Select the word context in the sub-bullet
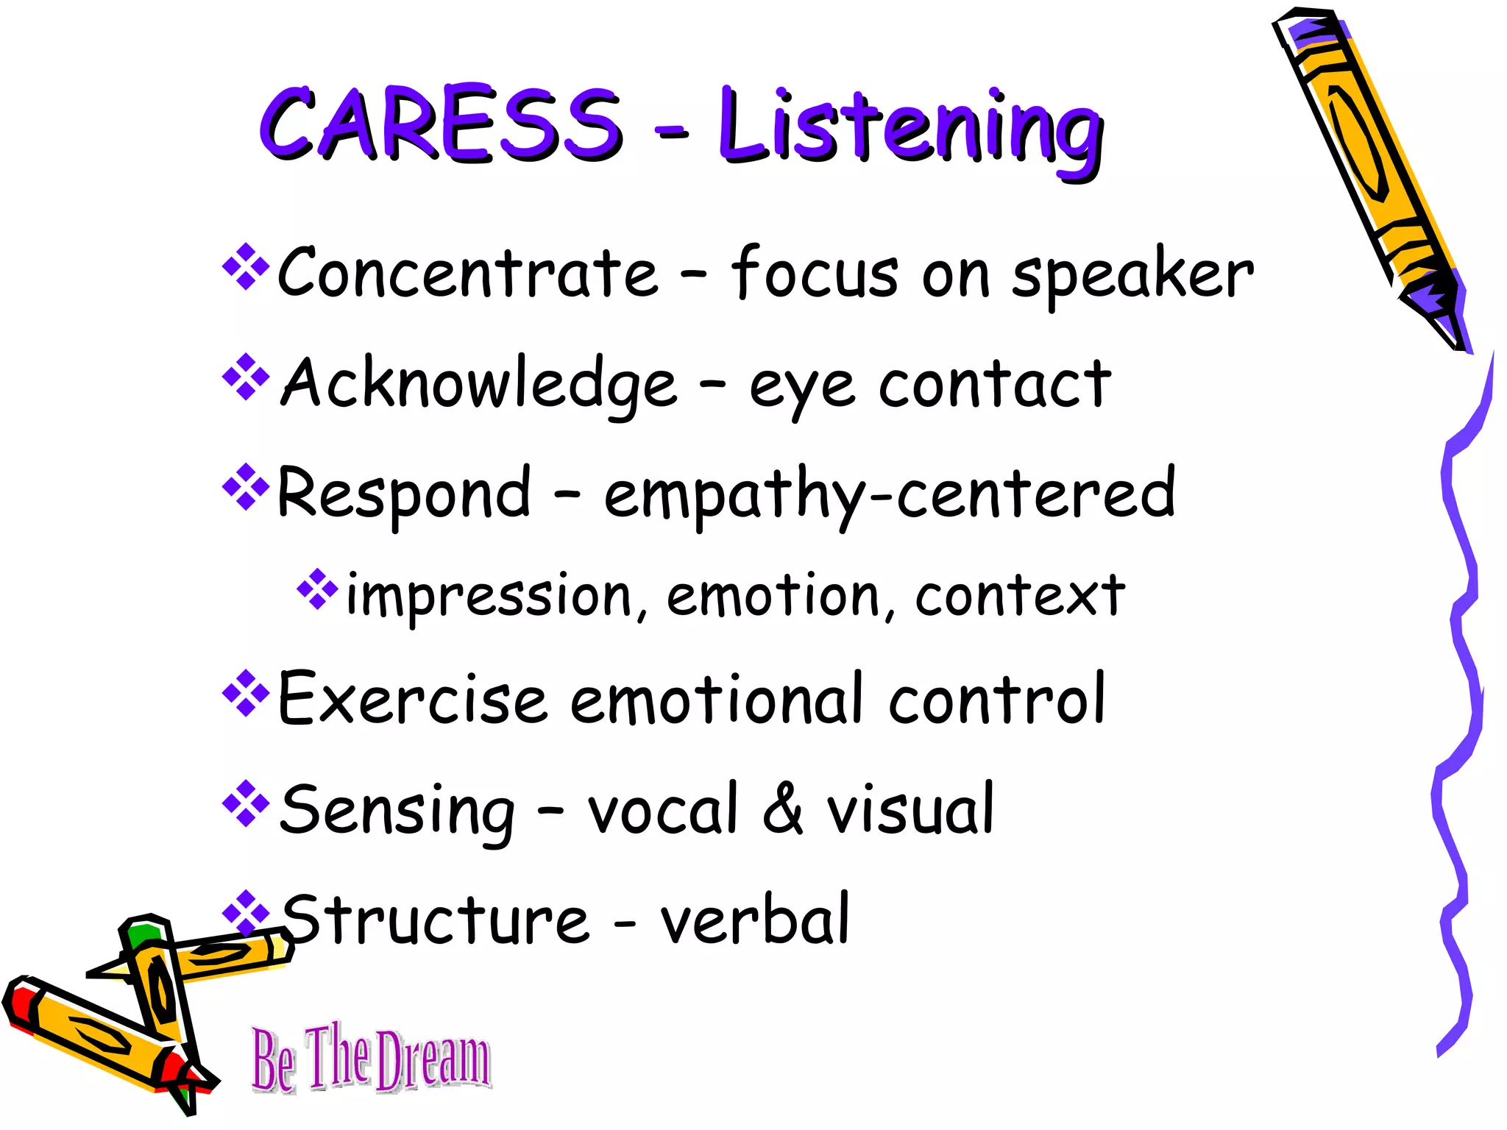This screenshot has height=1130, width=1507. pos(1019,596)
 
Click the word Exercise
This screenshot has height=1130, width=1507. pos(412,699)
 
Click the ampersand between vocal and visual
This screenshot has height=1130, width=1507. pos(782,809)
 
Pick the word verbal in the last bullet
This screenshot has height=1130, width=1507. pos(754,920)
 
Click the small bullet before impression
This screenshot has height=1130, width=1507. pos(317,589)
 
